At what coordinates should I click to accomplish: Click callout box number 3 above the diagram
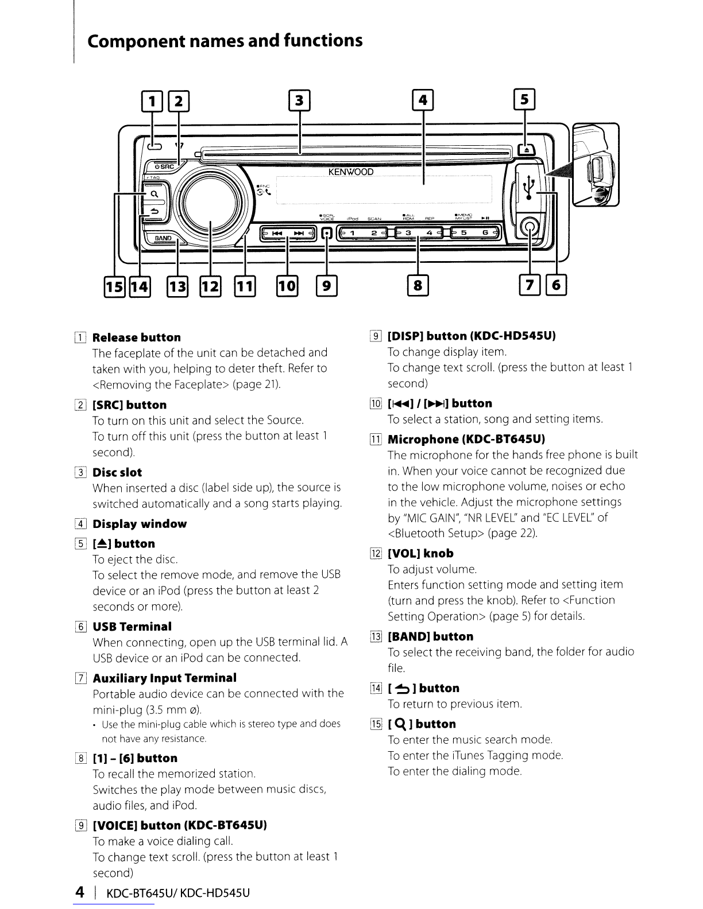[x=299, y=100]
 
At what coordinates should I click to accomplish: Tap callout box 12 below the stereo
[x=210, y=286]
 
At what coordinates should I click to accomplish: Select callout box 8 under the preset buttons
[x=418, y=285]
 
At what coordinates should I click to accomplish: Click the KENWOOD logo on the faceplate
[x=350, y=172]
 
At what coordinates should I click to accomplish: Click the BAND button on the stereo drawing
[x=163, y=238]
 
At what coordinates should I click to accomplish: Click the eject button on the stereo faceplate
[x=526, y=150]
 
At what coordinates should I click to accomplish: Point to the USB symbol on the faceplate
[x=529, y=188]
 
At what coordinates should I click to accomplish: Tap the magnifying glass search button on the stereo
[x=154, y=194]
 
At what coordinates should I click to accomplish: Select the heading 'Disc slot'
[x=117, y=472]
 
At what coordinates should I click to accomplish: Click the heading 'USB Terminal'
[x=132, y=626]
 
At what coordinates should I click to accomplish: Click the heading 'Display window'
[x=140, y=524]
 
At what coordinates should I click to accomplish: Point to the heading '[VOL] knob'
[x=420, y=553]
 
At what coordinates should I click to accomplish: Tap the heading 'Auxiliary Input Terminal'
[x=164, y=678]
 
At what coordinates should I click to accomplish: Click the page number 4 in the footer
[x=80, y=892]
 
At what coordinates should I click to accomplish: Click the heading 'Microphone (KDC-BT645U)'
[x=466, y=439]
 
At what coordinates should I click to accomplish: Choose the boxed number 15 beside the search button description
[x=376, y=724]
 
